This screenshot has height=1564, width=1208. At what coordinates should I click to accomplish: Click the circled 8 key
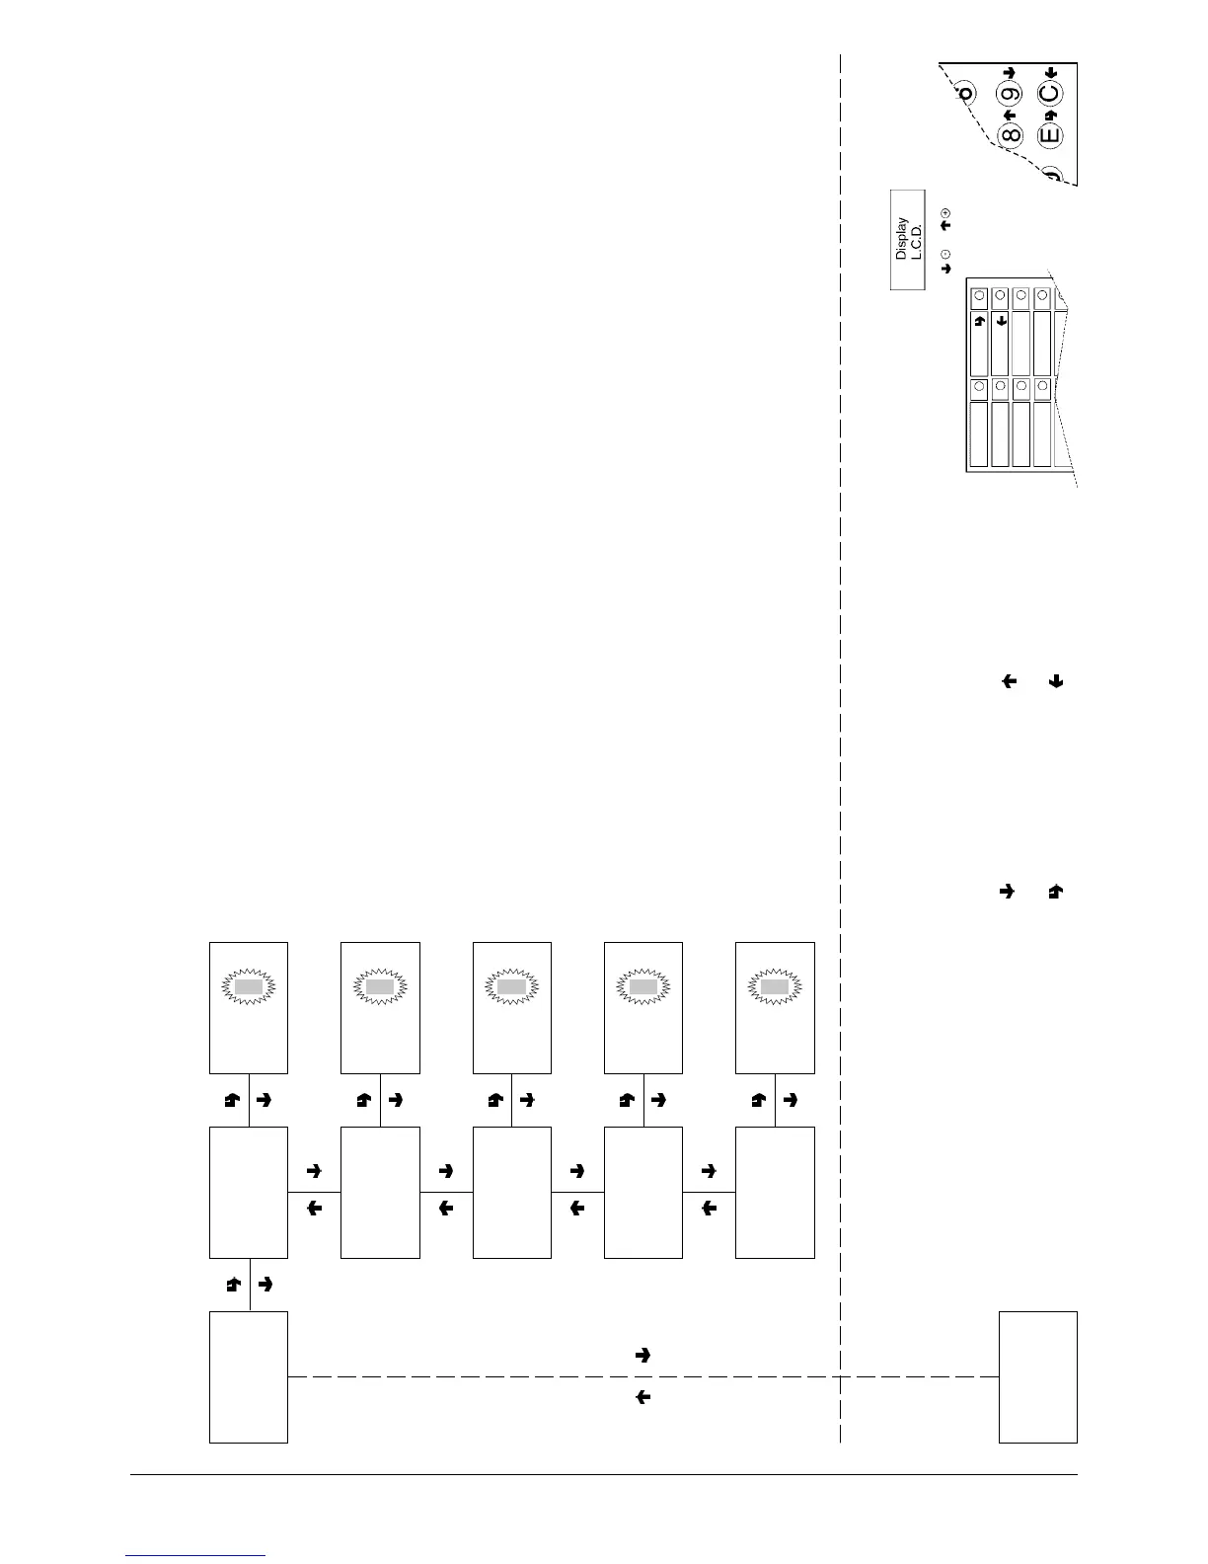point(1010,135)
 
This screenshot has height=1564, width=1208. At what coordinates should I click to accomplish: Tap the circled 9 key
point(1010,96)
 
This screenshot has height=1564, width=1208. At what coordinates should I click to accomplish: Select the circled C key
point(1050,95)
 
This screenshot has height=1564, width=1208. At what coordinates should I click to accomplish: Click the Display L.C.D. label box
point(908,239)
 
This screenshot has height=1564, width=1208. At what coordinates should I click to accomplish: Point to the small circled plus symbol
point(945,212)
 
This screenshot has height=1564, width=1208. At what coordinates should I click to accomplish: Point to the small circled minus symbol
point(945,254)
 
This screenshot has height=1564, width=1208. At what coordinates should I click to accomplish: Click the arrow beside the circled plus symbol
point(945,226)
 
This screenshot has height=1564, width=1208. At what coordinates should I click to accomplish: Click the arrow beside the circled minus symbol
point(945,268)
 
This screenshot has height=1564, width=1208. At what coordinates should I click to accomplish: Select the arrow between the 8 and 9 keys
point(1009,116)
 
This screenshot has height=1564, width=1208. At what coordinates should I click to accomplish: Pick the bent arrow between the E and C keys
point(1050,116)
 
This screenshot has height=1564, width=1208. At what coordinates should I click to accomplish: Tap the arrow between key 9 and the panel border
point(1009,72)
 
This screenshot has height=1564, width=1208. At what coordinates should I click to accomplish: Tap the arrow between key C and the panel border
point(1050,72)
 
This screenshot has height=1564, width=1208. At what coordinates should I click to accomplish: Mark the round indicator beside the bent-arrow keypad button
point(979,295)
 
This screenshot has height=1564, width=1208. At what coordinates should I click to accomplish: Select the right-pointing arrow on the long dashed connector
point(642,1356)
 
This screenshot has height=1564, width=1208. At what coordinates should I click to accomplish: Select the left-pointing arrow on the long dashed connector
point(642,1397)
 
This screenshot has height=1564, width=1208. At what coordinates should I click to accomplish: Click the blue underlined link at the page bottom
point(196,1554)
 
